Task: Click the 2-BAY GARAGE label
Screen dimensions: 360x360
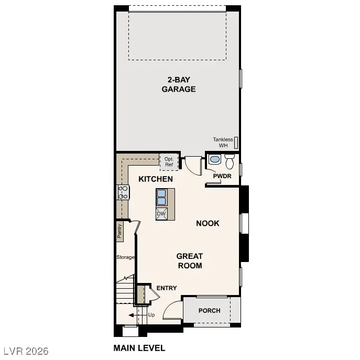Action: pyautogui.click(x=178, y=84)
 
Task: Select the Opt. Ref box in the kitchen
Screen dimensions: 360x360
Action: pyautogui.click(x=169, y=161)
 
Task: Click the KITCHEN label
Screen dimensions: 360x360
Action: pyautogui.click(x=156, y=179)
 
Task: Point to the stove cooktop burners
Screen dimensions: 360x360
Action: pyautogui.click(x=123, y=192)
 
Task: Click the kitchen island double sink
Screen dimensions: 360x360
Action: pyautogui.click(x=162, y=198)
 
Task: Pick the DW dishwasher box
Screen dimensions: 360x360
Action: pyautogui.click(x=161, y=214)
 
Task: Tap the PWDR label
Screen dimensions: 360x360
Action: pyautogui.click(x=222, y=176)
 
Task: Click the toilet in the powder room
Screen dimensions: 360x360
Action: pyautogui.click(x=230, y=159)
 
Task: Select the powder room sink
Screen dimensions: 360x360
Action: pyautogui.click(x=214, y=160)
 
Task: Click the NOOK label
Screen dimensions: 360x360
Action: pyautogui.click(x=208, y=223)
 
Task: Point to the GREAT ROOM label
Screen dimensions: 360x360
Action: pyautogui.click(x=189, y=260)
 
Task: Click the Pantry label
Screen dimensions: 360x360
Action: pyautogui.click(x=119, y=231)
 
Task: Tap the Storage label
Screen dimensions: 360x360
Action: pyautogui.click(x=125, y=257)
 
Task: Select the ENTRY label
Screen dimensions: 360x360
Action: pyautogui.click(x=167, y=288)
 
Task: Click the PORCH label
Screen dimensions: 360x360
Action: pyautogui.click(x=209, y=311)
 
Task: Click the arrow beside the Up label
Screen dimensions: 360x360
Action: pyautogui.click(x=132, y=315)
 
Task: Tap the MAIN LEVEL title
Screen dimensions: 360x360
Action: pyautogui.click(x=139, y=348)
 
